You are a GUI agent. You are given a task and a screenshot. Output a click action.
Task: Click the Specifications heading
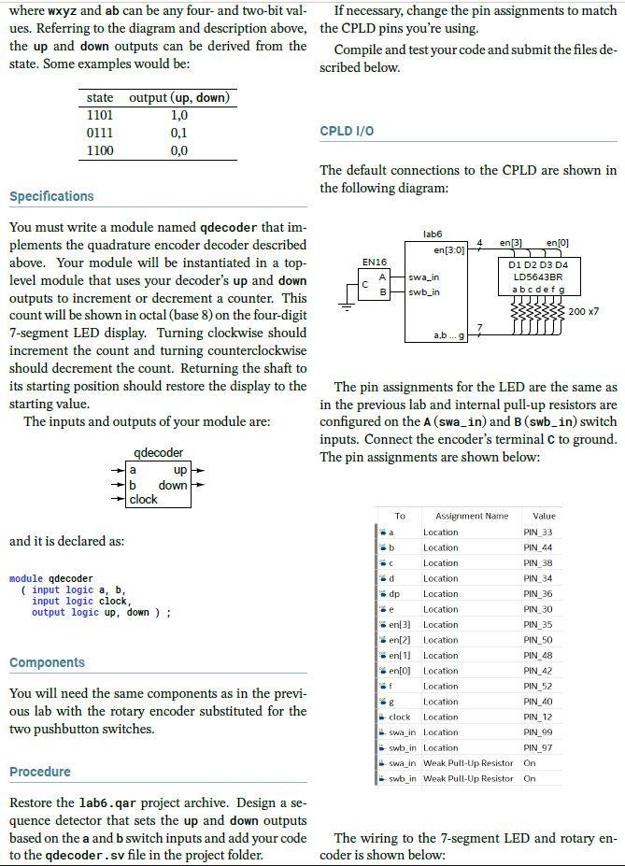pos(51,196)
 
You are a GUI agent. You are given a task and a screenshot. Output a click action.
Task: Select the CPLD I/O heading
pos(347,131)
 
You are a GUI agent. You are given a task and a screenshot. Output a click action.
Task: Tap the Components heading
pos(47,662)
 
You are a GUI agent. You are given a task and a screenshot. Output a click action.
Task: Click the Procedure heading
pos(40,772)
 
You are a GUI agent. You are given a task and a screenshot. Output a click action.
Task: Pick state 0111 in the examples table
pos(100,133)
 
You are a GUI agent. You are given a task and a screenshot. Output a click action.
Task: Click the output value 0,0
pos(179,150)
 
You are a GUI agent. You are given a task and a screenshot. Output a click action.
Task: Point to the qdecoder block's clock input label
pos(144,499)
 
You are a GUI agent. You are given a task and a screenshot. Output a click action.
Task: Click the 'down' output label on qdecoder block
pos(173,485)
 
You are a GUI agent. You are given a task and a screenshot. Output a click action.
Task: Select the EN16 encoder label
pos(374,263)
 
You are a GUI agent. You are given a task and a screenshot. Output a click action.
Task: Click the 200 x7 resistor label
pos(584,310)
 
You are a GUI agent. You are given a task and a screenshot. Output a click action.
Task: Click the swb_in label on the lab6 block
pos(424,292)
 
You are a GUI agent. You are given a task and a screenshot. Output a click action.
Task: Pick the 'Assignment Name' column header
pos(471,516)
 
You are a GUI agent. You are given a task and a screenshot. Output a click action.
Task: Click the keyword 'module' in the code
pos(26,579)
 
